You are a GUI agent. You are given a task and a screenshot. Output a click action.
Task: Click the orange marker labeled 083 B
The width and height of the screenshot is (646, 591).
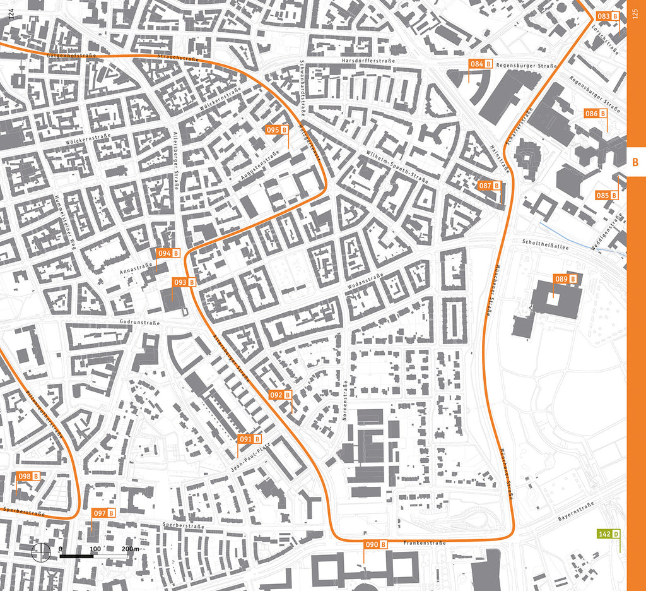pos(607,16)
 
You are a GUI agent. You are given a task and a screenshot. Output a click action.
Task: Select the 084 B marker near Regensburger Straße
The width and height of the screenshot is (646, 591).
pos(480,64)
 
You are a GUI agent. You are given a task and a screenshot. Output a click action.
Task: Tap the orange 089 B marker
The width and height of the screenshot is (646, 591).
pos(565,279)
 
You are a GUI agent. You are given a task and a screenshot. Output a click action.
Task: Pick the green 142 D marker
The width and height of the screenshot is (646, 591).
pos(609,534)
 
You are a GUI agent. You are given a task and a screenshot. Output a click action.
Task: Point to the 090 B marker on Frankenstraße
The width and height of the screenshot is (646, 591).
pos(375,545)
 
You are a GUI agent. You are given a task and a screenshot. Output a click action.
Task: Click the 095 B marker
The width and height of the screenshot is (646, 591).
pos(277,130)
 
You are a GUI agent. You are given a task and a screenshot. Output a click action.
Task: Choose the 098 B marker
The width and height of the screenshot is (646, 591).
pos(28,477)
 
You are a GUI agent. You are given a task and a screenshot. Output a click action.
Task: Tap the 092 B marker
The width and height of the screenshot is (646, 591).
pos(281,395)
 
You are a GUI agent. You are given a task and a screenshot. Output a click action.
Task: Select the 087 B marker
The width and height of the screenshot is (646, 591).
pos(490,186)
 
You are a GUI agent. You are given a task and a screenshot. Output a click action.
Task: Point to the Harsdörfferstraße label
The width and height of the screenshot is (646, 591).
pos(367,61)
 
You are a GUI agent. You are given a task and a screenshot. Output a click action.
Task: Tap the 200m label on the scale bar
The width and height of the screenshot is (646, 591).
pos(131,549)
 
